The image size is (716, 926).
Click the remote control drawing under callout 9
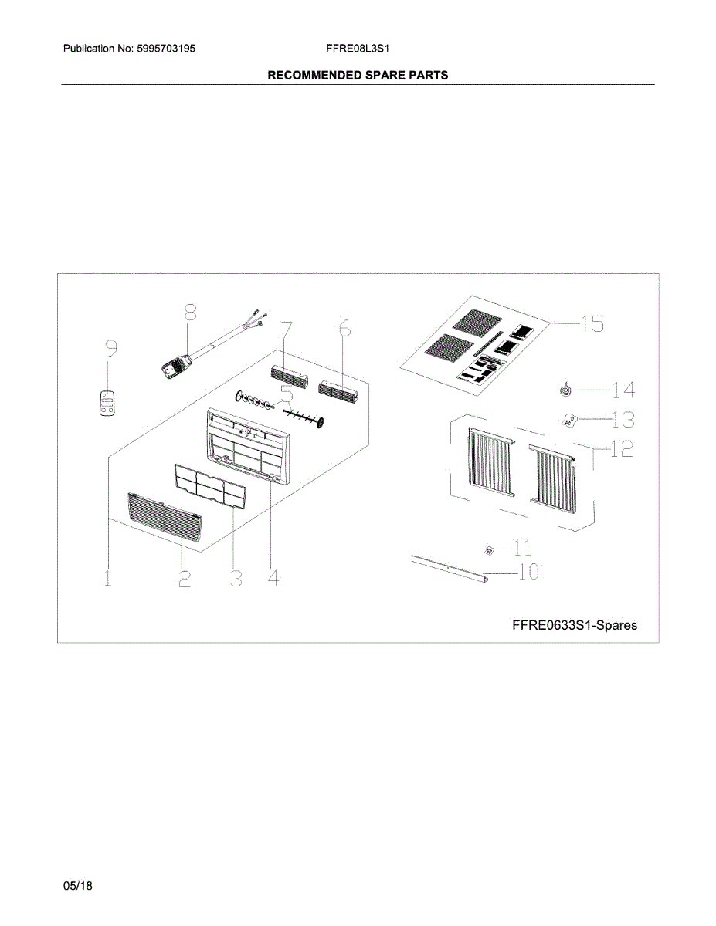click(x=107, y=403)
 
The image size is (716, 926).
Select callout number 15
click(x=593, y=323)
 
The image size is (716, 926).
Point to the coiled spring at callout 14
click(x=566, y=389)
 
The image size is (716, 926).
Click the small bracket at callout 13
click(x=569, y=421)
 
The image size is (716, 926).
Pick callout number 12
click(x=622, y=448)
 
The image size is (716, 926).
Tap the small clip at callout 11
click(x=490, y=550)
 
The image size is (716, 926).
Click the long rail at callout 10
click(x=450, y=569)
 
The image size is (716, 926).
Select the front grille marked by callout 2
click(x=165, y=517)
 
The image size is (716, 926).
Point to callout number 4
click(x=273, y=577)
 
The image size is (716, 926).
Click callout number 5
click(x=287, y=394)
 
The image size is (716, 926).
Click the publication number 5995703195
click(x=166, y=49)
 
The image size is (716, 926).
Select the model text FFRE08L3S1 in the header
click(x=358, y=49)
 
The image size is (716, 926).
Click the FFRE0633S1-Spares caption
click(x=575, y=625)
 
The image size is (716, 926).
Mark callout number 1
click(x=107, y=577)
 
